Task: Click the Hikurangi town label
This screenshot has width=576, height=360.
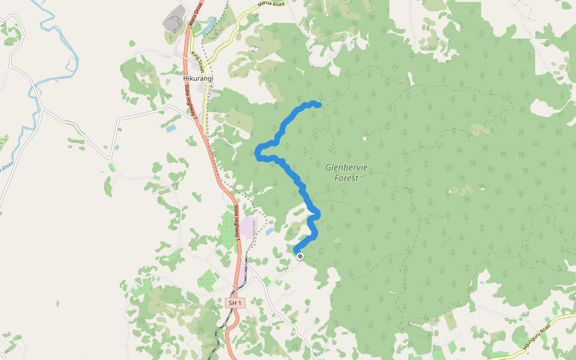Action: pyautogui.click(x=198, y=79)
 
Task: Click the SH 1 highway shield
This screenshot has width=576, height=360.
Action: pyautogui.click(x=235, y=304)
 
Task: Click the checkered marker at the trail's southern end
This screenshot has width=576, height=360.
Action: pyautogui.click(x=300, y=256)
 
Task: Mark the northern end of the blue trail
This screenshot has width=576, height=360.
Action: pyautogui.click(x=319, y=105)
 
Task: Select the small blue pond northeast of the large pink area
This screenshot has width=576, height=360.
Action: pyautogui.click(x=269, y=231)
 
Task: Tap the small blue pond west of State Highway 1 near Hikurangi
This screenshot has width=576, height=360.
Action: pyautogui.click(x=171, y=128)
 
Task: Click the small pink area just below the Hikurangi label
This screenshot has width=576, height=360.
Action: pyautogui.click(x=213, y=94)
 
